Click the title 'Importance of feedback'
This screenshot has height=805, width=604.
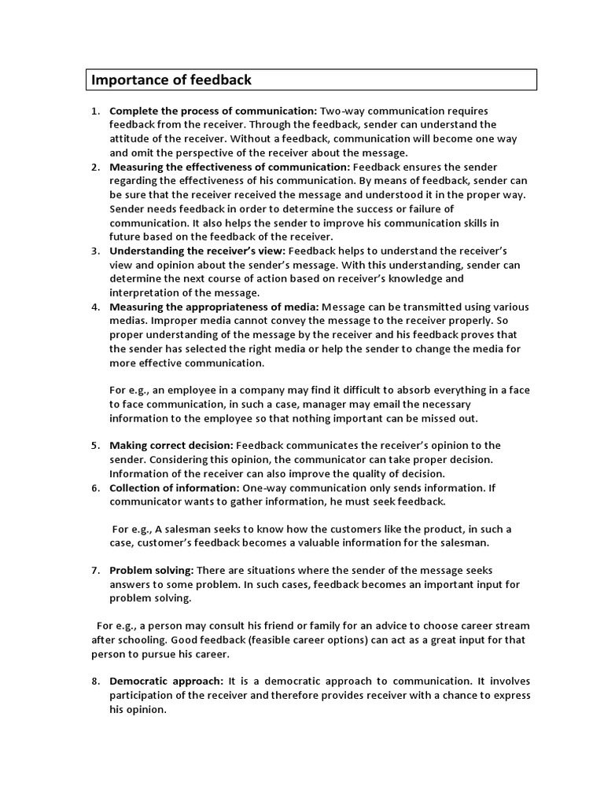[x=171, y=79]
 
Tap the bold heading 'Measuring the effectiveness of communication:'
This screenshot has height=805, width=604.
[x=230, y=167]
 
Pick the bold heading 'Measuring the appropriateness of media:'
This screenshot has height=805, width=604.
[x=214, y=307]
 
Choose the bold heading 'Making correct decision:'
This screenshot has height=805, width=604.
[x=171, y=446]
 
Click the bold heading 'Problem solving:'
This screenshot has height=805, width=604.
[x=151, y=570]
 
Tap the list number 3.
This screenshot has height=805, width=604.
[x=94, y=251]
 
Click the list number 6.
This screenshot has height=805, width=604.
[x=94, y=487]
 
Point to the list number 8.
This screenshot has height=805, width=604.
[x=94, y=682]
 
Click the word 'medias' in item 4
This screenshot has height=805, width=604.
[x=128, y=320]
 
